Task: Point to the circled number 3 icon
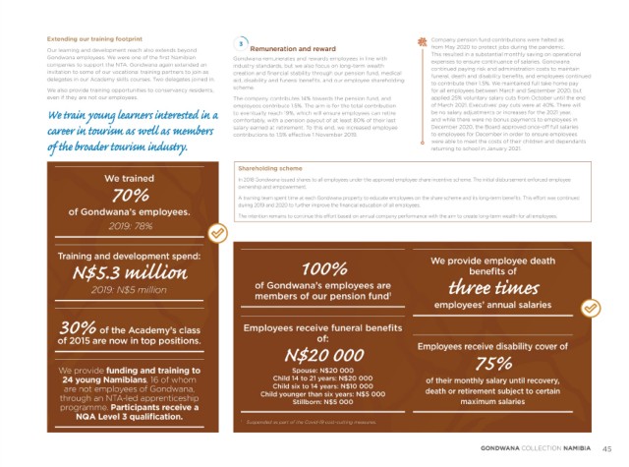coord(242,43)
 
